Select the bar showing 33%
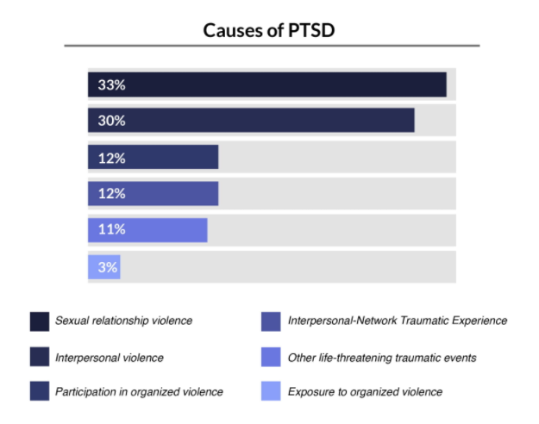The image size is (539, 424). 267,85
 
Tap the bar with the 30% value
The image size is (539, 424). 251,121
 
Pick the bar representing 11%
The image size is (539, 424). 147,230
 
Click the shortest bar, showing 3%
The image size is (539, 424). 104,267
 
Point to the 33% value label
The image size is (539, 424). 111,85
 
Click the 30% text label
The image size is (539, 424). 111,121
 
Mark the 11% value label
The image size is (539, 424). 111,230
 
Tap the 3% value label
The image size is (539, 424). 107,267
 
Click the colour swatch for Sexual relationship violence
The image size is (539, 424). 38,321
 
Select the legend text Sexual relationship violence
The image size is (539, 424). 123,321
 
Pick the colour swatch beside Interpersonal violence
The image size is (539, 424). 38,357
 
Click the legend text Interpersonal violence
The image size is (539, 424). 110,357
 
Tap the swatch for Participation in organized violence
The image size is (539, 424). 38,392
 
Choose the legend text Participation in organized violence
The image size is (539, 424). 139,392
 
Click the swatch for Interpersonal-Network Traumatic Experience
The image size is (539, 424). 271,321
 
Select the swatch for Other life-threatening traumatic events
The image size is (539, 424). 271,357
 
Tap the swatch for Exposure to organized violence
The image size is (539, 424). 271,392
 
